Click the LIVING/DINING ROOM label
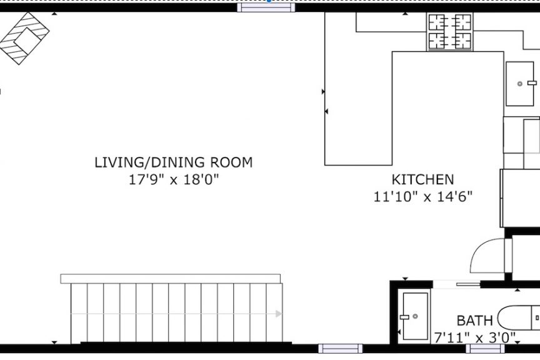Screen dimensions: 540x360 tap(174, 162)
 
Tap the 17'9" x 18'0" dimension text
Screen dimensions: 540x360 tap(174, 179)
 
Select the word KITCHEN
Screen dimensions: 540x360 tap(422, 179)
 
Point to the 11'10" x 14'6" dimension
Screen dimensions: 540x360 tap(423, 197)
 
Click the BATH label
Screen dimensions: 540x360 tap(474, 321)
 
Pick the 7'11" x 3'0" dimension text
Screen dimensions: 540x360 tap(474, 337)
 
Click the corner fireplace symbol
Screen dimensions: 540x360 tap(24, 38)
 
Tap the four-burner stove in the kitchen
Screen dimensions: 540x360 tap(450, 32)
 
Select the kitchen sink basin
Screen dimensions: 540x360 tap(519, 84)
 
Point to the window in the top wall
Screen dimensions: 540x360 tap(266, 7)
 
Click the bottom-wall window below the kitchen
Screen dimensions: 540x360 tap(340, 348)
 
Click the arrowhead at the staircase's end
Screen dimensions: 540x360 tap(279, 314)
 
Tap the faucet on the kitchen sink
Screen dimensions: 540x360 tap(532, 82)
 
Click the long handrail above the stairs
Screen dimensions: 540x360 tap(171, 279)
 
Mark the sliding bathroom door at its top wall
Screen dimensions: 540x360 tap(456, 284)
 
